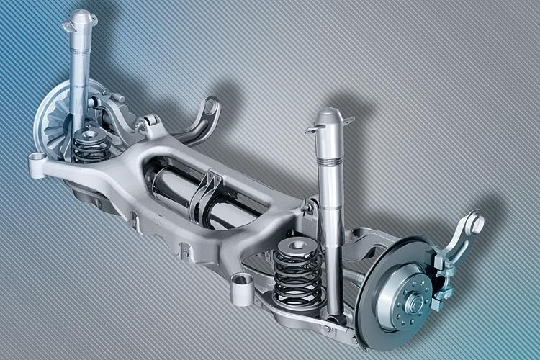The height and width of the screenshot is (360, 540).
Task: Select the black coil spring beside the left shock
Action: [x=91, y=148]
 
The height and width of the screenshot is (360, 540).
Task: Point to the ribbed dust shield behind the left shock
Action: [x=53, y=126]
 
